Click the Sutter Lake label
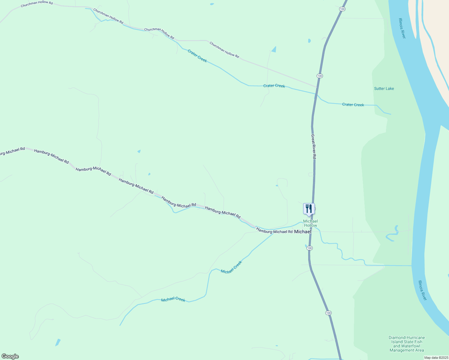(x=384, y=88)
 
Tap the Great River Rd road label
(x=313, y=146)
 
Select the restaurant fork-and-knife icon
(x=309, y=208)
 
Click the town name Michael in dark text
(x=303, y=232)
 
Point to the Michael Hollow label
(x=310, y=223)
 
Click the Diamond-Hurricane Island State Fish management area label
(x=407, y=344)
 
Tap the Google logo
(x=10, y=356)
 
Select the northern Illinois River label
(x=402, y=28)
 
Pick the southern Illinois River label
(x=422, y=290)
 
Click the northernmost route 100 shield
(x=342, y=9)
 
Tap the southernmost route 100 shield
(x=328, y=313)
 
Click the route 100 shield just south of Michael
(x=310, y=248)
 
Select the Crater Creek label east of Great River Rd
(x=353, y=105)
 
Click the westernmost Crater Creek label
(x=197, y=56)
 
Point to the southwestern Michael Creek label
(x=173, y=299)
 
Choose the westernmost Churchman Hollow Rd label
(x=37, y=4)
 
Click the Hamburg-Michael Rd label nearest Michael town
(x=274, y=231)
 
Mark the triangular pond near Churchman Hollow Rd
(x=274, y=49)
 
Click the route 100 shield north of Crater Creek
(x=320, y=76)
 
